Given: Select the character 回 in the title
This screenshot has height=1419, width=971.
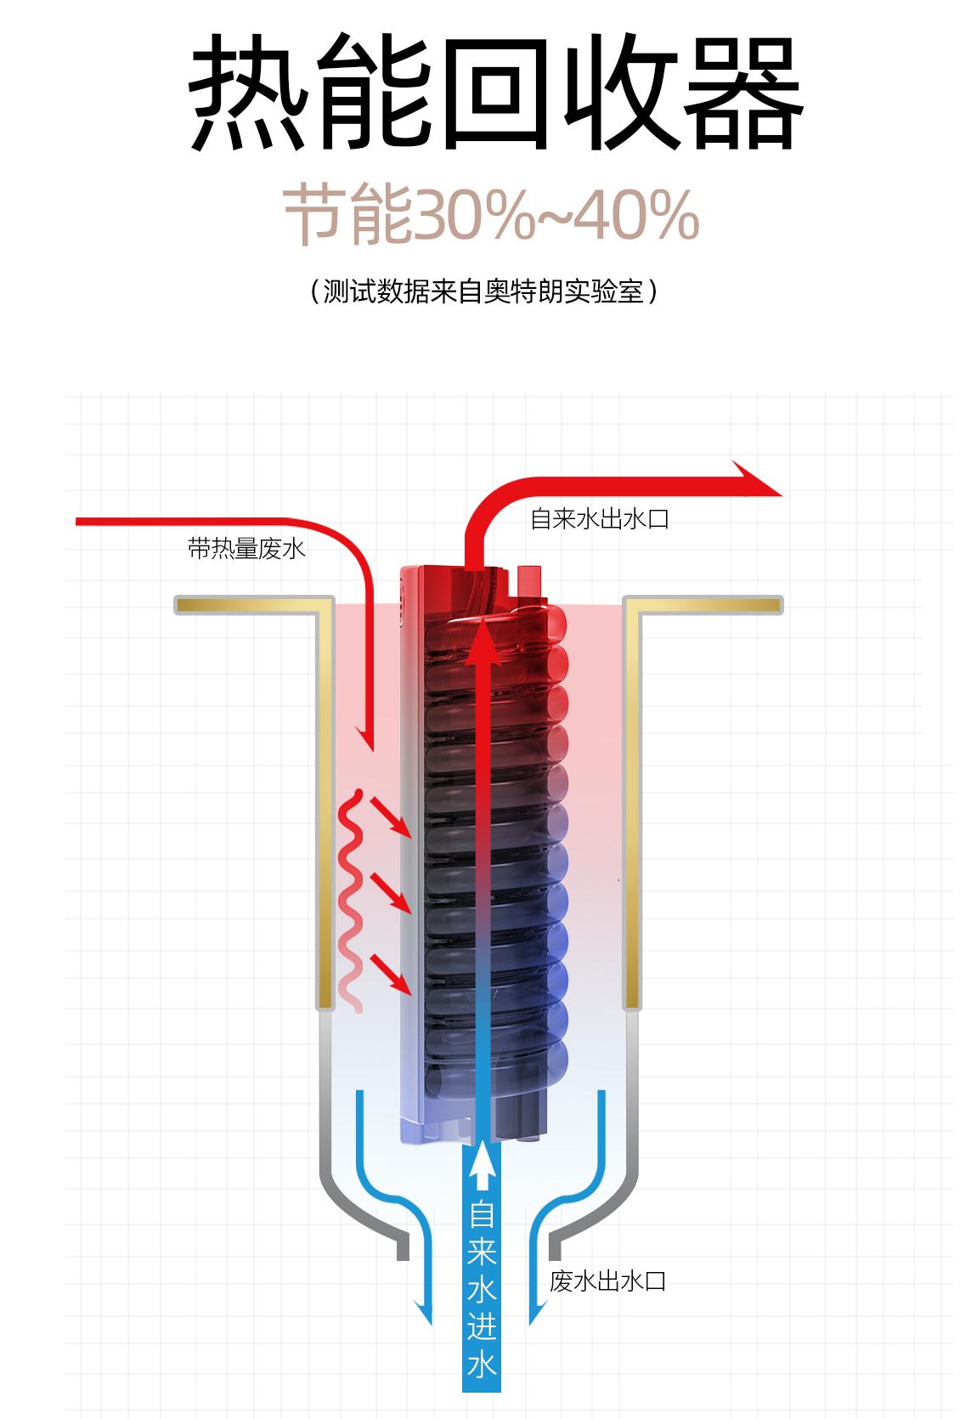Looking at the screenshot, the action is click(497, 93).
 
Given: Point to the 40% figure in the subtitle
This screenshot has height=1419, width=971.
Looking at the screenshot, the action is click(639, 215).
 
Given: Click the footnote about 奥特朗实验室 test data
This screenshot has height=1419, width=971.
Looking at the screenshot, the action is click(484, 292).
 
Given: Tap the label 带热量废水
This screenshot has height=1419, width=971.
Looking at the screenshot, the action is click(246, 549).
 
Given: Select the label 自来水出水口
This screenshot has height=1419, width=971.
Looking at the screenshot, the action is click(599, 519).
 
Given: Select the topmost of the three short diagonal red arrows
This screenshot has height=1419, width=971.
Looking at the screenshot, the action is click(391, 817).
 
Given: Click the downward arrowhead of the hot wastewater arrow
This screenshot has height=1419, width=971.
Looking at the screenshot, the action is click(365, 739).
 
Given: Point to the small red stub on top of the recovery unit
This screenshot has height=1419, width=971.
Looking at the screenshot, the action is click(529, 580).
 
